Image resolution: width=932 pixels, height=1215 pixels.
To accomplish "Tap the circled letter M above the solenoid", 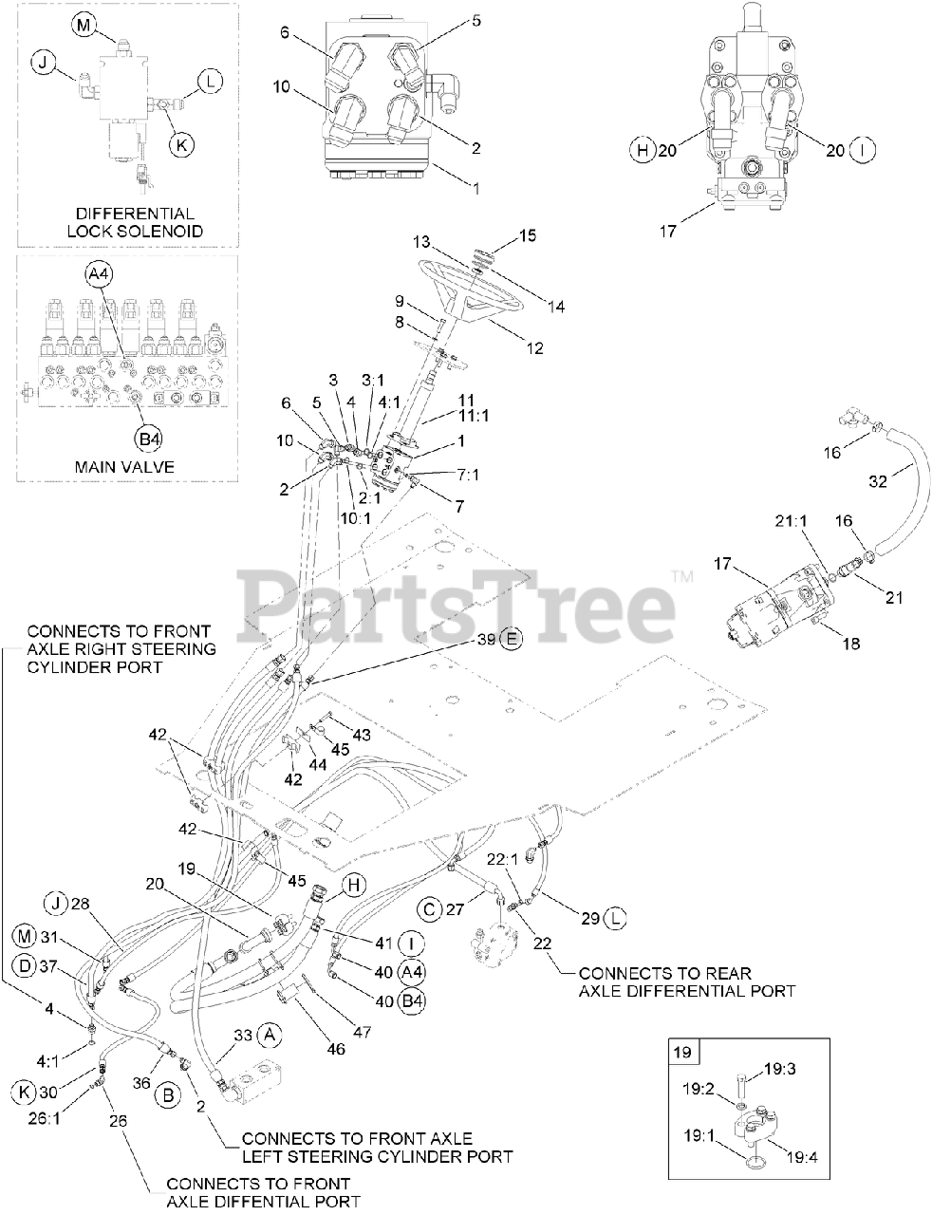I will tap(83, 26).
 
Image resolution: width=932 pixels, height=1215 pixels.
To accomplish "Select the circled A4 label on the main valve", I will tap(99, 274).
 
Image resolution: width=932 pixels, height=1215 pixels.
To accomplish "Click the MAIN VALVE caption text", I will tap(126, 466).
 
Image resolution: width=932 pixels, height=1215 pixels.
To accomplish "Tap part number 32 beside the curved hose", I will tap(878, 481).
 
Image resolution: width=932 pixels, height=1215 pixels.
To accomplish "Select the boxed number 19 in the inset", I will tap(686, 1051).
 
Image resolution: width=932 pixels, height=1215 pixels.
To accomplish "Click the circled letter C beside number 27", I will tap(430, 909).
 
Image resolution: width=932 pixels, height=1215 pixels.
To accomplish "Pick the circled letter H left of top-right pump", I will tap(643, 150).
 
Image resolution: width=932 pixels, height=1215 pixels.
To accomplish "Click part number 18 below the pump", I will tap(851, 644).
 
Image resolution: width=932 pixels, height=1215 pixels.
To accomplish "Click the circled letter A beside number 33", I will tap(270, 1033).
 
